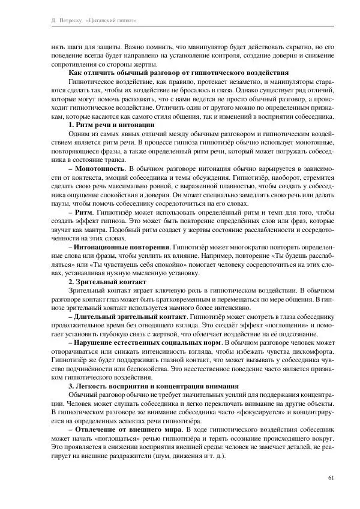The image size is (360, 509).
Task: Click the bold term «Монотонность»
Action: [100, 170]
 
